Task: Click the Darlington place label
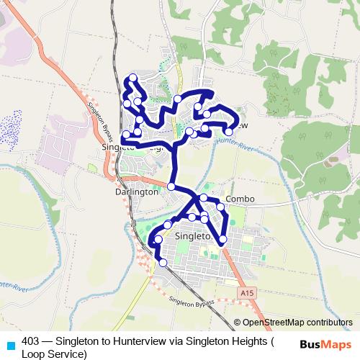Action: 136,193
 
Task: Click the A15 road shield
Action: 247,292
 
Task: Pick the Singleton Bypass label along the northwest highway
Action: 99,115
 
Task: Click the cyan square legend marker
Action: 9,344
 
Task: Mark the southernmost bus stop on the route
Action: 163,263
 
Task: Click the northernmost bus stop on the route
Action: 132,78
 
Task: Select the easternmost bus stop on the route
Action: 229,132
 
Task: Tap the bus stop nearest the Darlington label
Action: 171,186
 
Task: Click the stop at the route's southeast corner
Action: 222,239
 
